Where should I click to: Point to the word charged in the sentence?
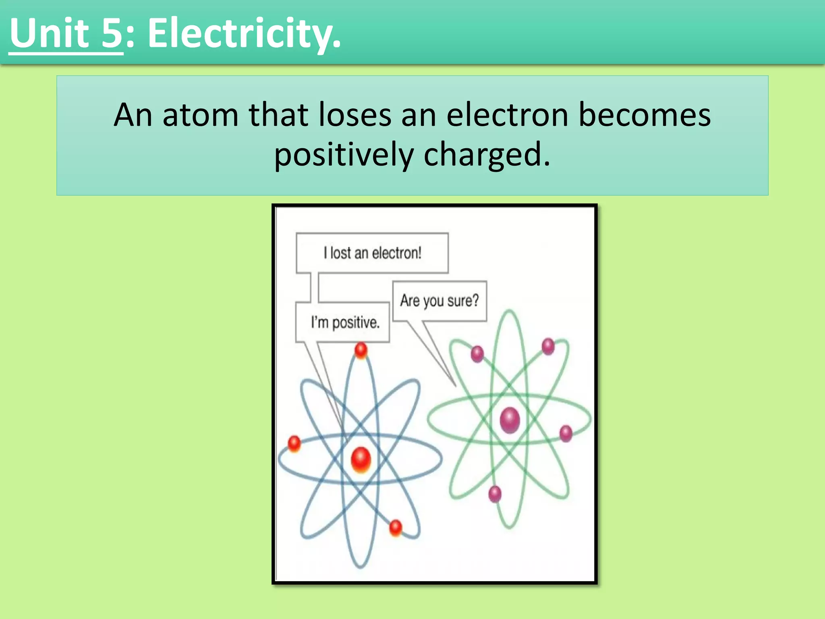coord(486,155)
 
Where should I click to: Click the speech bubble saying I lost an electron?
coord(372,253)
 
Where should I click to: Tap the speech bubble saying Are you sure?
coord(439,301)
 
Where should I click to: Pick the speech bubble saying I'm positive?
coord(345,322)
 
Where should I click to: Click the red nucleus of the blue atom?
coord(361,459)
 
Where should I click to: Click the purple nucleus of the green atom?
coord(510,420)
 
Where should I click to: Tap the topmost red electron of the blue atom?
coord(361,350)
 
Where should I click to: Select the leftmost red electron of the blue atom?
coord(294,443)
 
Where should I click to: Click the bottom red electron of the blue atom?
coord(396,528)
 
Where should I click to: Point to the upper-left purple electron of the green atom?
coord(477,354)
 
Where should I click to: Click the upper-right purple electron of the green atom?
coord(548,346)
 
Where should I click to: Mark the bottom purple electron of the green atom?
coord(495,494)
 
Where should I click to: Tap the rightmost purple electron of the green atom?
coord(566,433)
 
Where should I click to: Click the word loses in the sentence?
coord(354,115)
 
